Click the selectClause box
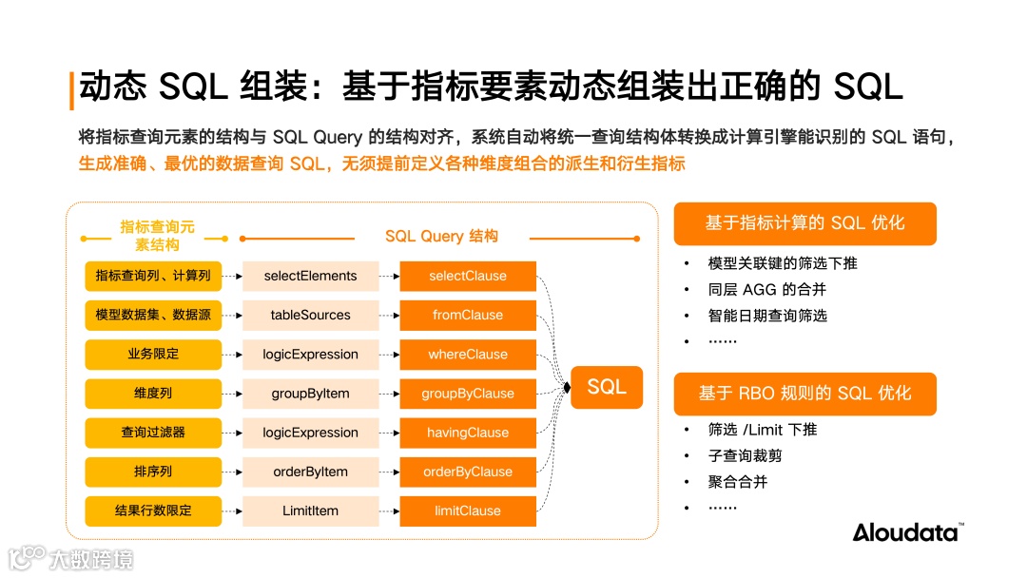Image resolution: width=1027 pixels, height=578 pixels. tap(468, 276)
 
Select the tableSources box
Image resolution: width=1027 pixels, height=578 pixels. tap(310, 315)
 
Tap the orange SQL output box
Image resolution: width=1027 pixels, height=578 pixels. tap(606, 387)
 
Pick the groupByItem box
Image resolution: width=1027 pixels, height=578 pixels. tap(310, 394)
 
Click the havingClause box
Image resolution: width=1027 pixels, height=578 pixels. tap(468, 433)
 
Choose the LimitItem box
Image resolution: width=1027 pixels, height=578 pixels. tap(310, 511)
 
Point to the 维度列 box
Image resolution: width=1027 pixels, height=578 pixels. tap(153, 394)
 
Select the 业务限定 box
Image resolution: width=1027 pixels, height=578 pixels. tap(153, 354)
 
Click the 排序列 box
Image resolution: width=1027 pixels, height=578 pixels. tap(153, 472)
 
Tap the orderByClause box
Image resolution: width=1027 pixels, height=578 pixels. tap(468, 472)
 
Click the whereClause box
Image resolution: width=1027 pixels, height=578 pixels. tap(468, 354)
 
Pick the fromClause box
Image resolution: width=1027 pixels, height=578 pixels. tap(468, 315)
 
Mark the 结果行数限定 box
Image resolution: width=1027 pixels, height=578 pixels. tap(153, 511)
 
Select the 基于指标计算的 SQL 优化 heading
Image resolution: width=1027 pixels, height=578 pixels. tap(804, 223)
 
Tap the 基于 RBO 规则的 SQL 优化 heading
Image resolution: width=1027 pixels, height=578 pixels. tap(804, 393)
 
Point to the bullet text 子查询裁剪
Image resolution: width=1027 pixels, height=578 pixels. tap(746, 455)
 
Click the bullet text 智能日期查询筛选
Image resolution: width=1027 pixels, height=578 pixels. tap(767, 315)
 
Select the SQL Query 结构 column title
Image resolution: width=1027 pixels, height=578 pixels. tap(441, 236)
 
